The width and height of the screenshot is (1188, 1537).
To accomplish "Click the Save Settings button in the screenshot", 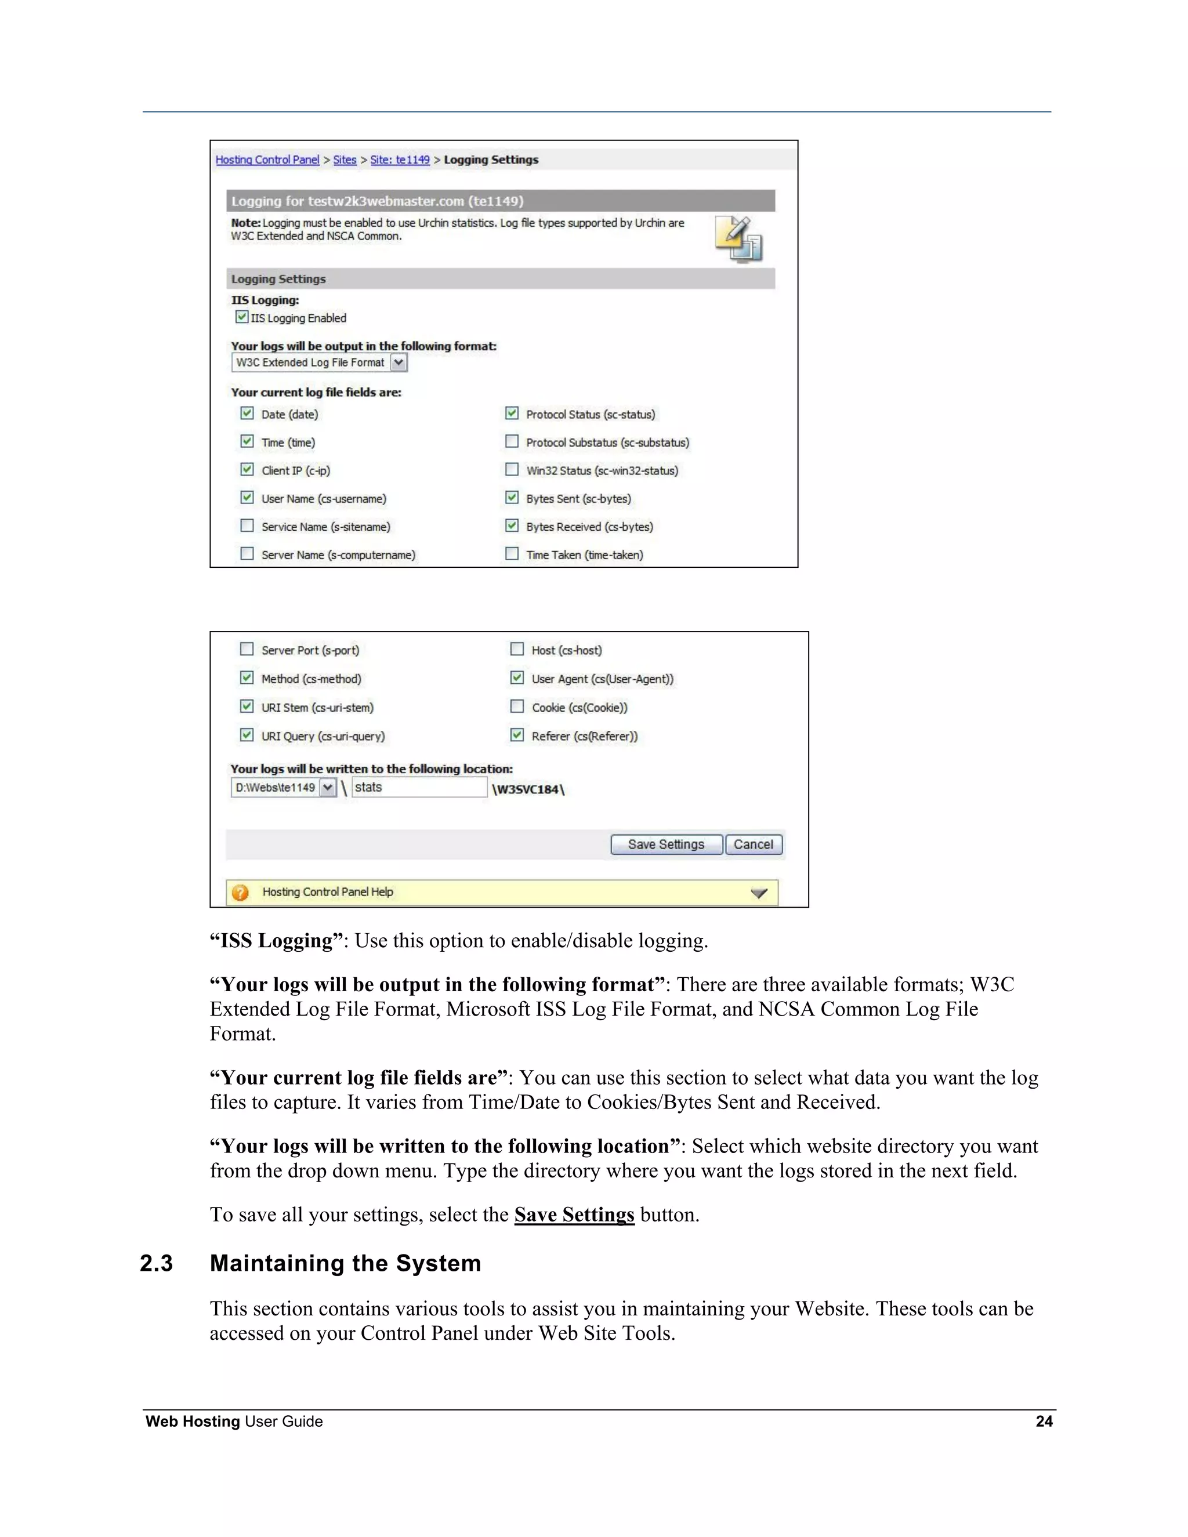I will tap(666, 844).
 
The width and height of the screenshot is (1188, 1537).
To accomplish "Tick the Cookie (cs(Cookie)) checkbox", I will tap(517, 706).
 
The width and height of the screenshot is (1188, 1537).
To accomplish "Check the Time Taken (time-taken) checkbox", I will tap(512, 554).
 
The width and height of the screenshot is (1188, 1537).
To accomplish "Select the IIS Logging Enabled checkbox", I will tap(242, 317).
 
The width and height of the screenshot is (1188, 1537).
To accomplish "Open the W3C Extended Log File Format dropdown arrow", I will tap(399, 362).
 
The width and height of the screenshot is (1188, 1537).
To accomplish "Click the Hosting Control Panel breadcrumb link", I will tap(267, 159).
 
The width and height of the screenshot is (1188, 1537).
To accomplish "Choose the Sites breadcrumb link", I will tap(345, 159).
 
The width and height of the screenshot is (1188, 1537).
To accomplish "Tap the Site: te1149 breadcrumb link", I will tap(400, 159).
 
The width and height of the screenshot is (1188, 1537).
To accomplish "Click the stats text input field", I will tap(419, 788).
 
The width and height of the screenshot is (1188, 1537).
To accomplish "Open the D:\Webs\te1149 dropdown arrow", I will tap(327, 788).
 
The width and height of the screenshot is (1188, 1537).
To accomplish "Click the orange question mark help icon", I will tap(240, 893).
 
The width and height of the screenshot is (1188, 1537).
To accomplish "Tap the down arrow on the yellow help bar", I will tap(759, 893).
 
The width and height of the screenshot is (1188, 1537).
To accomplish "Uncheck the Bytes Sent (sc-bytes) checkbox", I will tap(512, 498).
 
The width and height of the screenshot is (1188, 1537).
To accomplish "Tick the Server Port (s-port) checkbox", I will tap(247, 649).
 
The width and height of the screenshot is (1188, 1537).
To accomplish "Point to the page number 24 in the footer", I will tap(1044, 1421).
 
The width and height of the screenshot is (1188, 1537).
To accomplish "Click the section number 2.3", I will tap(156, 1263).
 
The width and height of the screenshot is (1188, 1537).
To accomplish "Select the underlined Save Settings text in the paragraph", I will tap(574, 1215).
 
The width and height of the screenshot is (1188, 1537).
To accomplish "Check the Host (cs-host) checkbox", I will tap(517, 649).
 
